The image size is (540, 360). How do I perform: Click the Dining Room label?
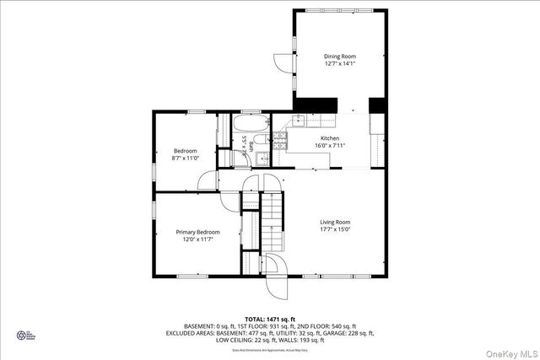(x=340, y=56)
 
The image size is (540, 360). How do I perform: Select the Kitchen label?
(x=330, y=138)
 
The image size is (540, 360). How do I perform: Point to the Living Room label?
(x=335, y=222)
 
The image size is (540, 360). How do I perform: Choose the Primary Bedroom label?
(x=197, y=232)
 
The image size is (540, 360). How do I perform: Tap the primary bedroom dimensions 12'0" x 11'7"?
(x=197, y=239)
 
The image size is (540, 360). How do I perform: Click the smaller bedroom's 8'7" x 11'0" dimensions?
(x=185, y=159)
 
